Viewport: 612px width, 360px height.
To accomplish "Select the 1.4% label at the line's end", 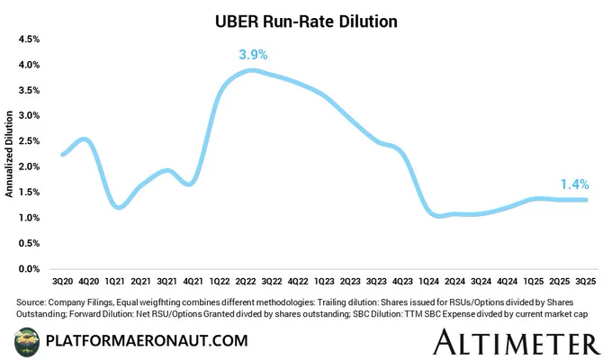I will click(x=575, y=184).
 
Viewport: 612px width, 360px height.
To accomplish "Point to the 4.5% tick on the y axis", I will click(x=29, y=40).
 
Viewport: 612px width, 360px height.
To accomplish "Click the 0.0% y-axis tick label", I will click(x=29, y=268).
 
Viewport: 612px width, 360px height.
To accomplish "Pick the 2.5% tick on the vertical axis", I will click(x=29, y=141).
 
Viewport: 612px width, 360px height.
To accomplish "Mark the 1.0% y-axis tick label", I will click(x=29, y=218).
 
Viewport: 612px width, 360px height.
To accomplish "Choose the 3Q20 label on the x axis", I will click(x=62, y=283).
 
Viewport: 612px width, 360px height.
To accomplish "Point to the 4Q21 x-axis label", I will click(x=193, y=283).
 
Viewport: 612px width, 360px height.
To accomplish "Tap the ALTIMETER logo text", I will click(x=516, y=341).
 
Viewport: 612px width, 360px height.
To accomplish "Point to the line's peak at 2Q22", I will click(x=253, y=70).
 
